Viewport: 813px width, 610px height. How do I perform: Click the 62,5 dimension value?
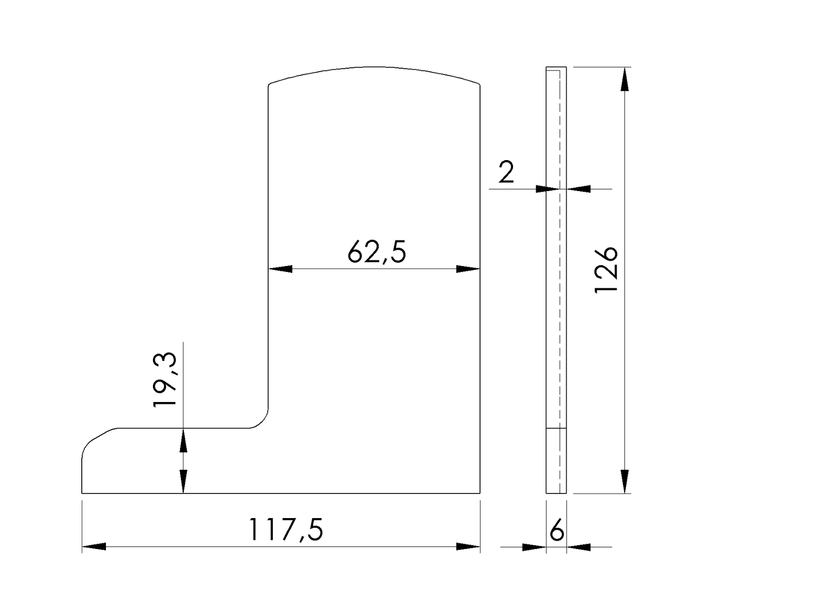pyautogui.click(x=376, y=253)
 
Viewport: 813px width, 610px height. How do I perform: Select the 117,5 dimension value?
pyautogui.click(x=285, y=530)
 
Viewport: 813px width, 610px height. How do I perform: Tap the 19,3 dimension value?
pyautogui.click(x=165, y=380)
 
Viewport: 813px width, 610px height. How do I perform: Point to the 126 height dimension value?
pyautogui.click(x=606, y=270)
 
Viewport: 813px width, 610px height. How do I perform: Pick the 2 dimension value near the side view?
pyautogui.click(x=506, y=172)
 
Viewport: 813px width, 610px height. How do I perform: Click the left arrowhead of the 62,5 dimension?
pyautogui.click(x=281, y=269)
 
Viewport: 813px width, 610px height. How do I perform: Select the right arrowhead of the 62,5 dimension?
pyautogui.click(x=468, y=269)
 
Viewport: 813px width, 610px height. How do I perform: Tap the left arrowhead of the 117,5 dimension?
pyautogui.click(x=94, y=547)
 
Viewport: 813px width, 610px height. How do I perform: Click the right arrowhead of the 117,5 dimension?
pyautogui.click(x=468, y=547)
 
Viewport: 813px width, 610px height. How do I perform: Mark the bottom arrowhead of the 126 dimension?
pyautogui.click(x=625, y=481)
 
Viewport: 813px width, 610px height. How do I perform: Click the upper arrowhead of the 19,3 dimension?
pyautogui.click(x=183, y=440)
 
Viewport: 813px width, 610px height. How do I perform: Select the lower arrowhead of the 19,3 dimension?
pyautogui.click(x=183, y=481)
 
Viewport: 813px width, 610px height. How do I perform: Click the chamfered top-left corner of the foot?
pyautogui.click(x=99, y=437)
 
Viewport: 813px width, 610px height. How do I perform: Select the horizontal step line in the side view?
pyautogui.click(x=556, y=428)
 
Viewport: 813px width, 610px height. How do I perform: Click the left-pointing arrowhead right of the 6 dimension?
pyautogui.click(x=579, y=547)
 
